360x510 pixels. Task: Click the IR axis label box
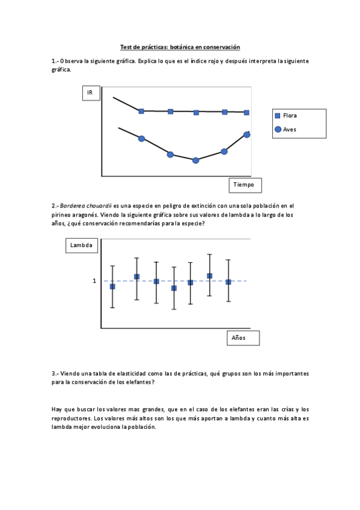[90, 93]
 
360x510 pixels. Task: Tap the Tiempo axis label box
[245, 185]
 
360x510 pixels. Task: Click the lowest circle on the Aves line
[195, 161]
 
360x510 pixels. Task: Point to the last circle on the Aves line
[247, 135]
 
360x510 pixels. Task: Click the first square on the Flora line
[141, 111]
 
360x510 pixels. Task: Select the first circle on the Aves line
[142, 139]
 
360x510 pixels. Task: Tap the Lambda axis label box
[81, 245]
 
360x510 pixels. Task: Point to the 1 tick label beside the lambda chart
[94, 281]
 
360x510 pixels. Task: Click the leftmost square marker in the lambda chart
[112, 287]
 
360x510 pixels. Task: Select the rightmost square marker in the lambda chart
[228, 281]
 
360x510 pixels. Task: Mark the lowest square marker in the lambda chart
[174, 288]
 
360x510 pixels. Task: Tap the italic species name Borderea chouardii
[86, 206]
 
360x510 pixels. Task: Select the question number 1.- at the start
[55, 61]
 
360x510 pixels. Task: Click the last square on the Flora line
[247, 112]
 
